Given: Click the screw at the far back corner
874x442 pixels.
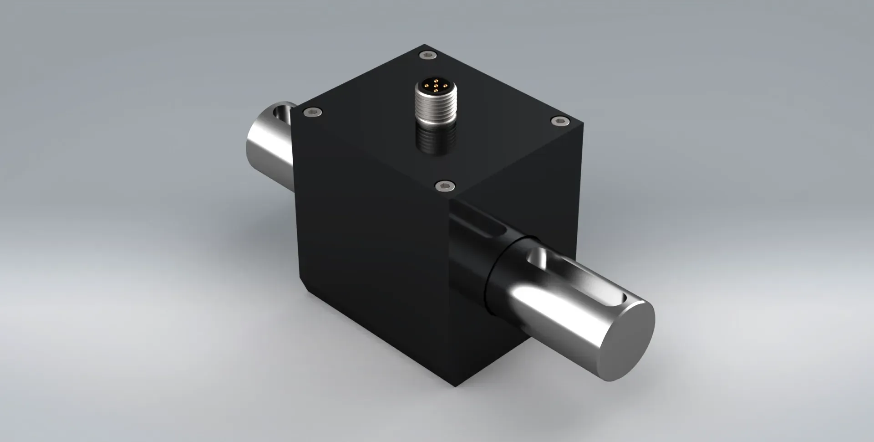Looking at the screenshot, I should point(427,55).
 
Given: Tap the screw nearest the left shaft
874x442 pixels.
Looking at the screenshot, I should point(313,112).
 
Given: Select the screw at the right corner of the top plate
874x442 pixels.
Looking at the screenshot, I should point(560,120).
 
